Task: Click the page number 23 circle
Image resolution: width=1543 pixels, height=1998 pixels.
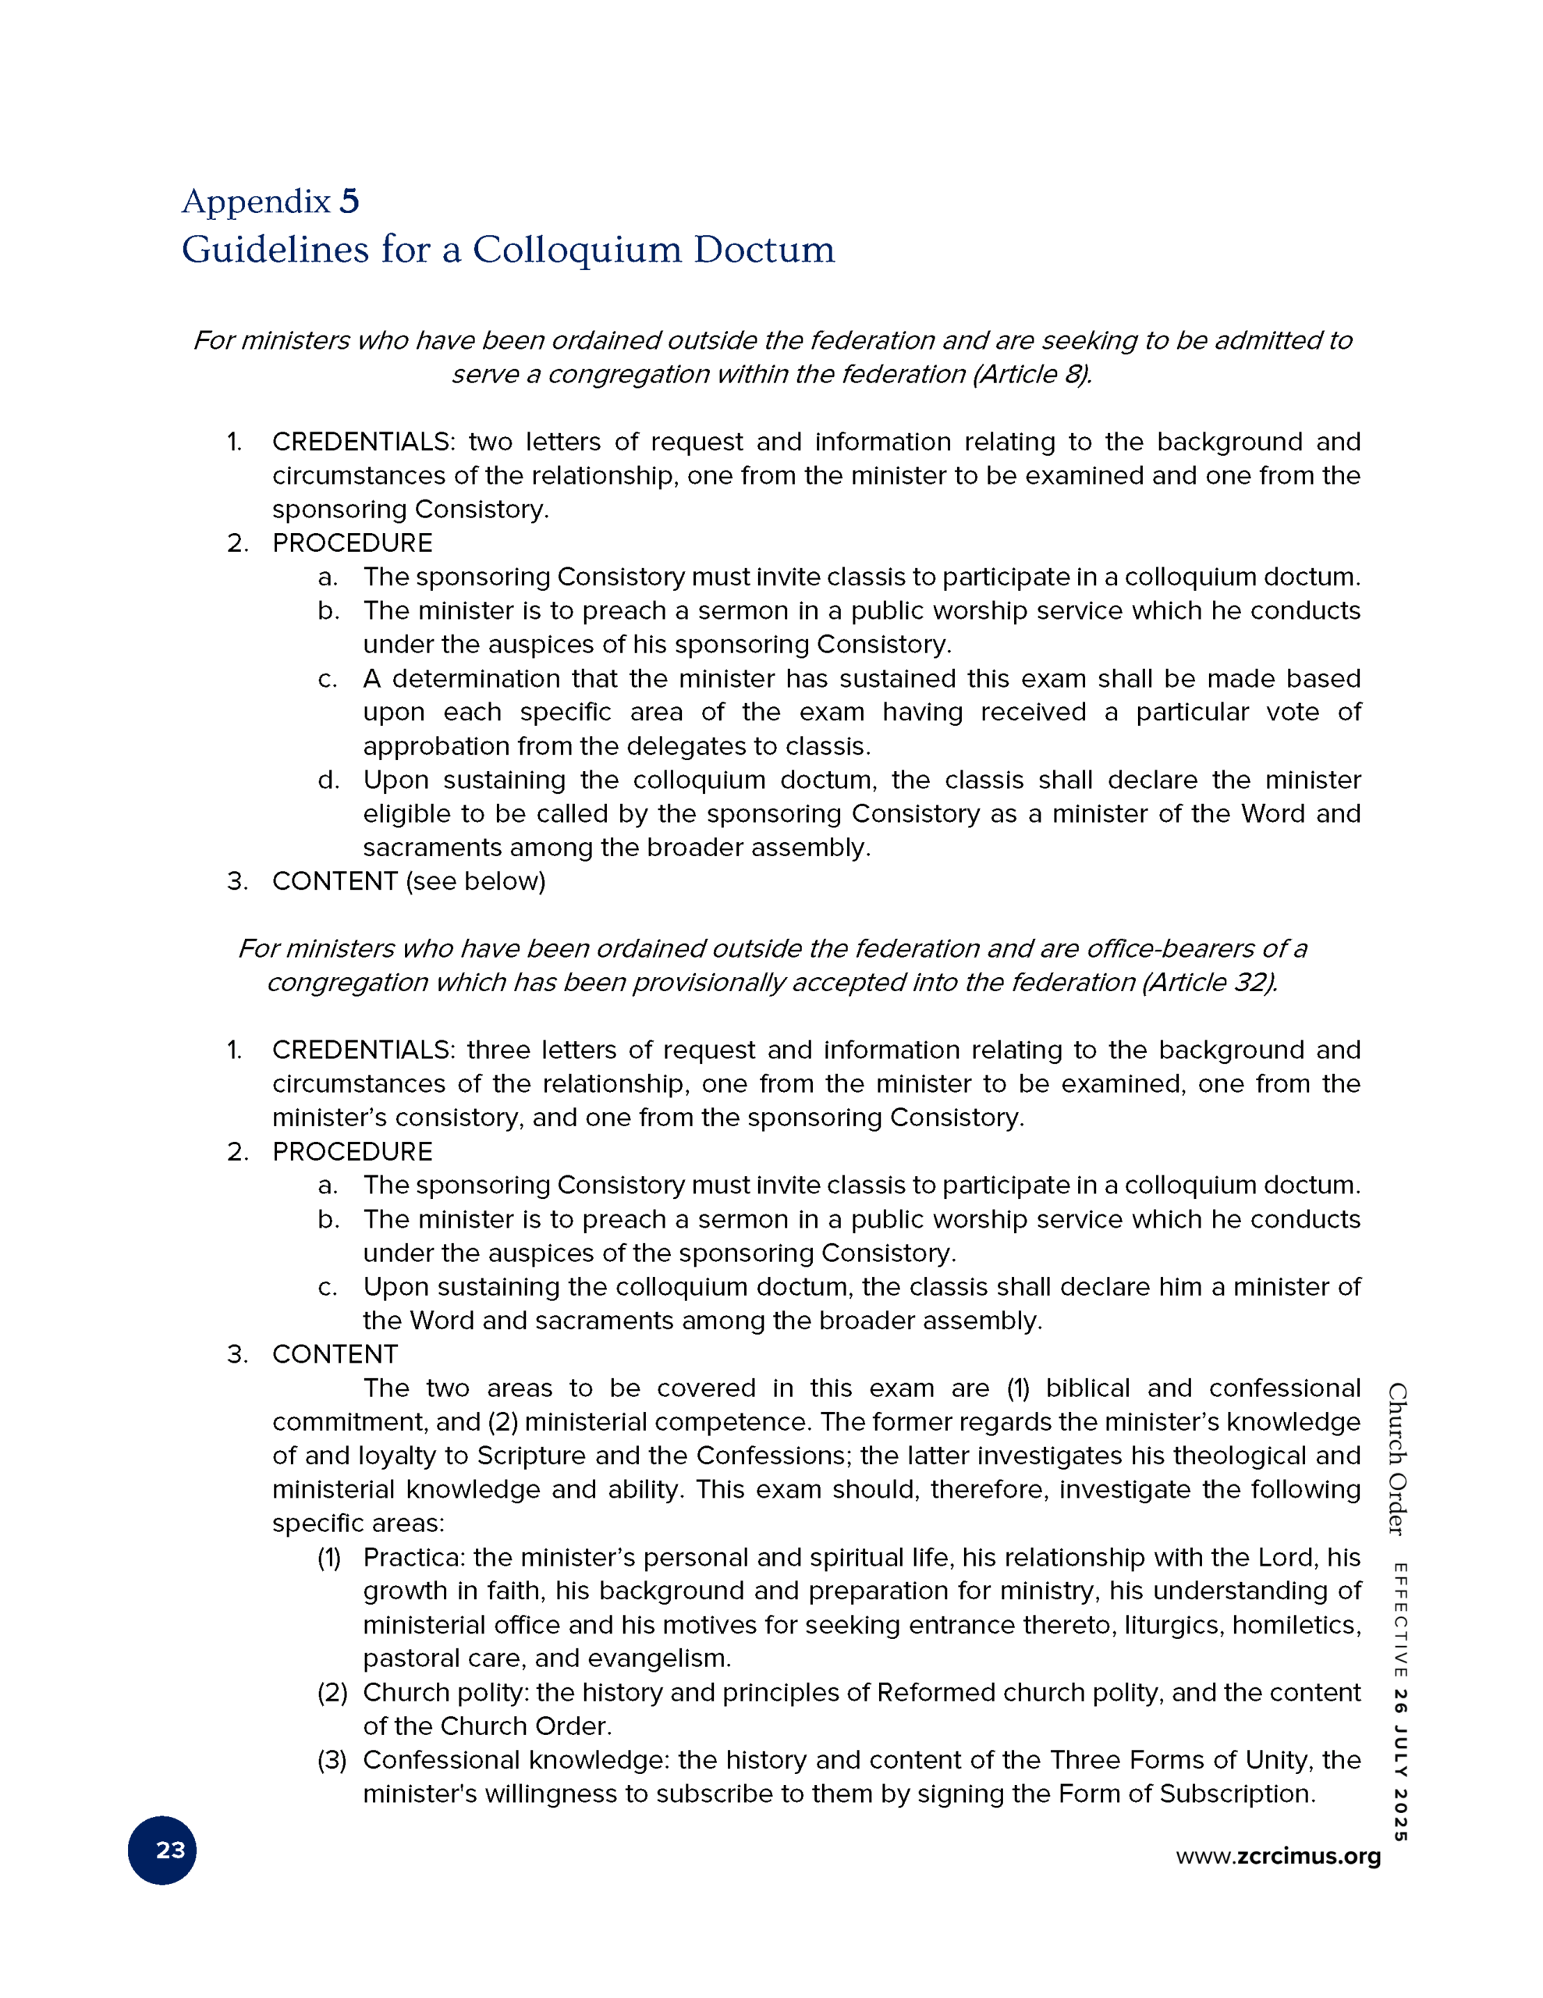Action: coord(162,1850)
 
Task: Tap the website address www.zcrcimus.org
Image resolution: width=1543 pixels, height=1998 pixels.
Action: coord(1278,1855)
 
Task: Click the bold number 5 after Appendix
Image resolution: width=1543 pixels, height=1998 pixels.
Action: coord(349,201)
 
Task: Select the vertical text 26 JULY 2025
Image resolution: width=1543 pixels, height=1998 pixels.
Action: coord(1399,1766)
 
